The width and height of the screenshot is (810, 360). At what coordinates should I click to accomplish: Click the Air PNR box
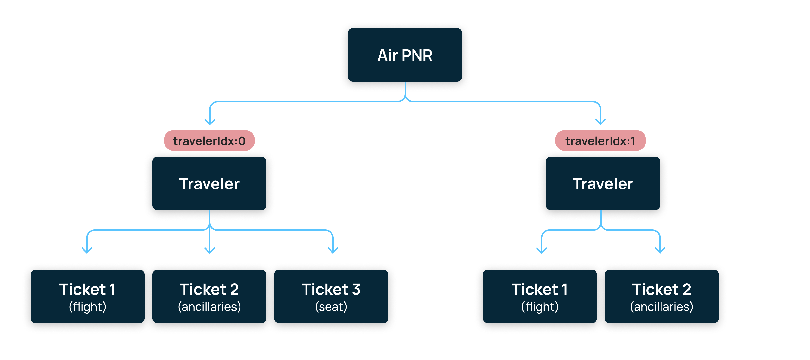point(405,55)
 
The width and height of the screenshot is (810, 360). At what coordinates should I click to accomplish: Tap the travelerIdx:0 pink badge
point(209,140)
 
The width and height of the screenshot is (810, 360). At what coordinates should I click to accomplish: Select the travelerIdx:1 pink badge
point(600,140)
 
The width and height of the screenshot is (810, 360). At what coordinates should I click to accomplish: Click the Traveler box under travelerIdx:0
point(209,183)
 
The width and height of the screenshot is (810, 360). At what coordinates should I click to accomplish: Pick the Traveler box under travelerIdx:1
point(603,183)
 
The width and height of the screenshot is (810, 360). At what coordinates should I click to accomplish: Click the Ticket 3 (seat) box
point(331,296)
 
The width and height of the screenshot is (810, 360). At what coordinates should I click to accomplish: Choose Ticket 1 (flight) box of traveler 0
point(87,296)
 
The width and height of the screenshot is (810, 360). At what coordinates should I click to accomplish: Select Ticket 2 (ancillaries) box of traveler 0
point(209,296)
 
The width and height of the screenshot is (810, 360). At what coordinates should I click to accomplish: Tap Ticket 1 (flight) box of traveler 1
point(540,296)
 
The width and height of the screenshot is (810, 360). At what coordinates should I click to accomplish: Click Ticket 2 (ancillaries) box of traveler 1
point(661,296)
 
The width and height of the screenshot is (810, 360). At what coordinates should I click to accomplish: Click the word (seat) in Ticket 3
point(331,307)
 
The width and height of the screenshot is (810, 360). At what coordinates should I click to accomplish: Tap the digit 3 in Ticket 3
point(356,289)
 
